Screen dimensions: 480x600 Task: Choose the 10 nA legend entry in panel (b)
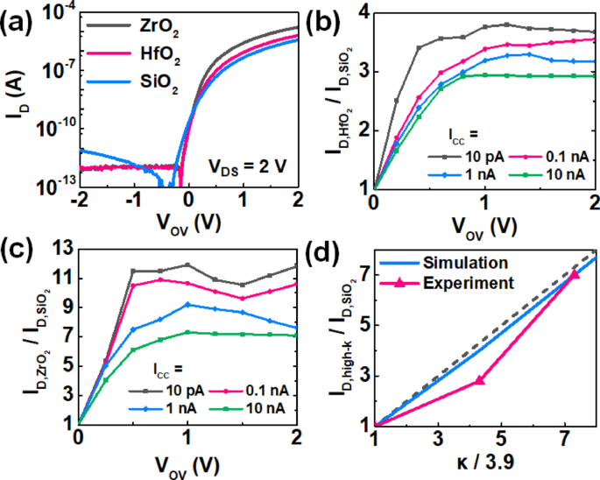coord(542,176)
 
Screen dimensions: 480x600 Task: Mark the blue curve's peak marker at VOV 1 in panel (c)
coord(187,304)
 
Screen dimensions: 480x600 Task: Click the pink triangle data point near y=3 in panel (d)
coord(479,380)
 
